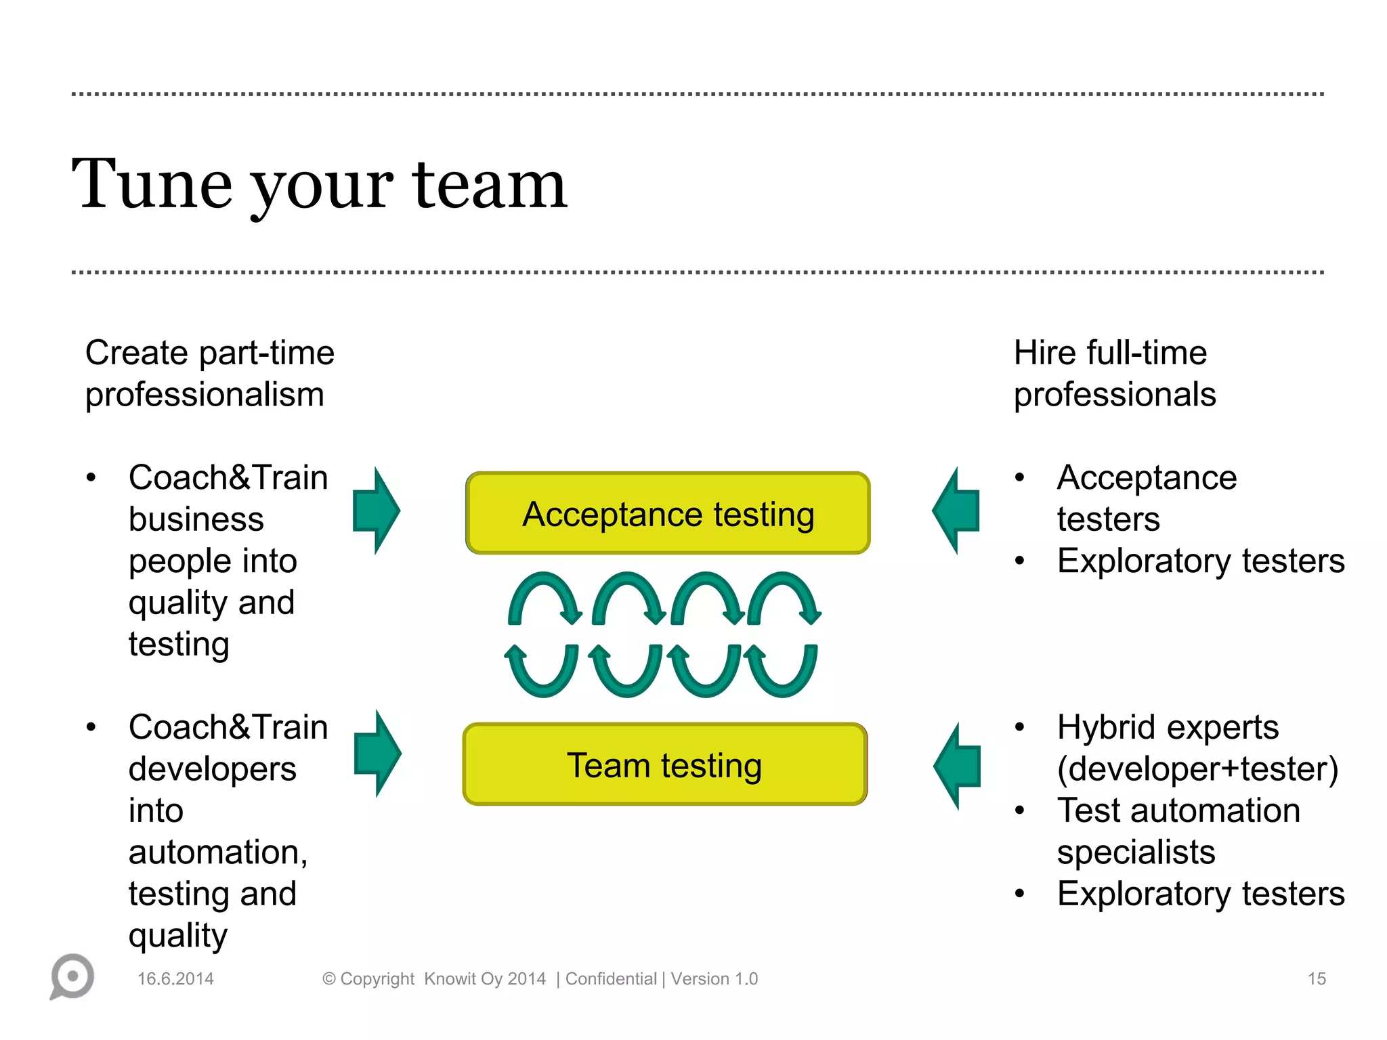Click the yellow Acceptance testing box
(x=668, y=513)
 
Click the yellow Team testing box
(x=665, y=764)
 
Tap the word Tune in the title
(x=152, y=184)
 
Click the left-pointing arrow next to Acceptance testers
(x=956, y=511)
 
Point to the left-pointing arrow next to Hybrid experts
(x=957, y=766)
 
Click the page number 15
(x=1316, y=978)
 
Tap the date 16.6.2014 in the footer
(x=175, y=978)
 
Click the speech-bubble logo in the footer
(x=72, y=976)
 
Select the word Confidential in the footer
(x=611, y=978)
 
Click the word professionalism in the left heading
(x=205, y=395)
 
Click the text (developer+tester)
(x=1197, y=769)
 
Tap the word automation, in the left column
(x=218, y=852)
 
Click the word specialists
(x=1136, y=852)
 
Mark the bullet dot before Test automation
(x=1020, y=810)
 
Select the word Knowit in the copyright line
(x=450, y=978)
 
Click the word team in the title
(x=489, y=184)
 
